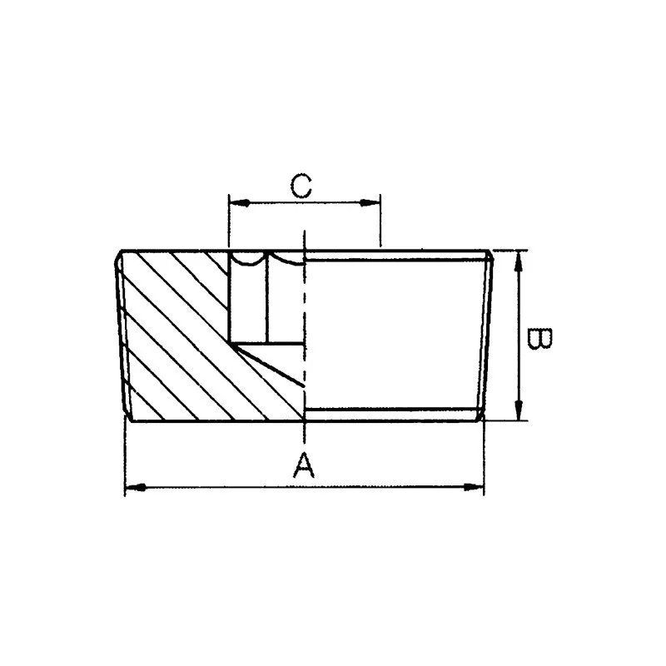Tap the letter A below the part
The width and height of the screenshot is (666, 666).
point(305,465)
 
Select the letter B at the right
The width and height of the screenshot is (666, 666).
point(539,340)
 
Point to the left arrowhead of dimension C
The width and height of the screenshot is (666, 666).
point(235,201)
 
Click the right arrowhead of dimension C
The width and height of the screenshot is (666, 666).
point(373,201)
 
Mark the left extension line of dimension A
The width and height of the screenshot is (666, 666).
point(125,458)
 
